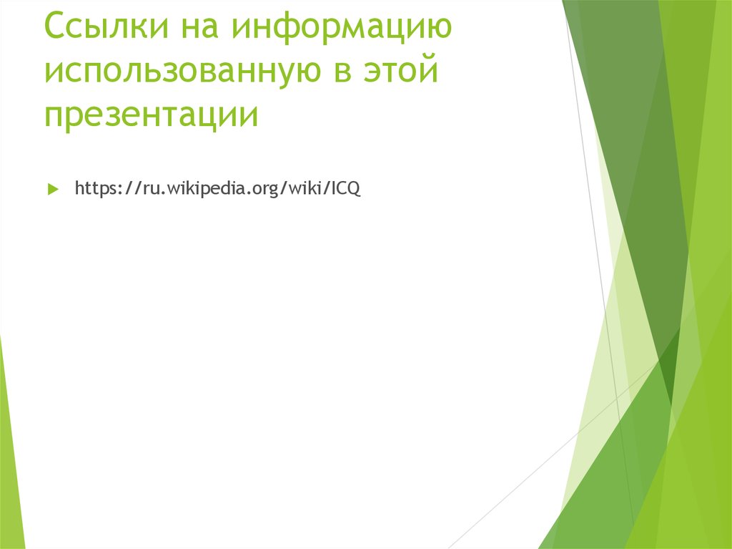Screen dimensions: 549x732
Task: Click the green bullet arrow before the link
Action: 52,190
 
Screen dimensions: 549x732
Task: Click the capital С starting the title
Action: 56,29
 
